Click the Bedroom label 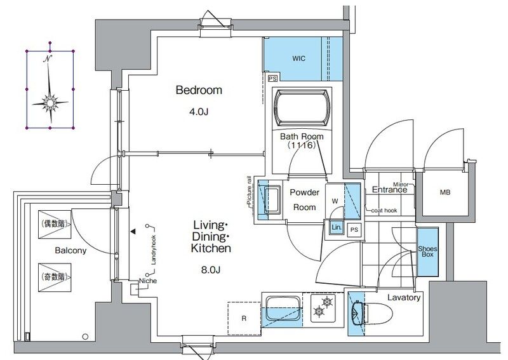tap(199, 90)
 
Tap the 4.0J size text tap(199, 112)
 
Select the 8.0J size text tap(211, 270)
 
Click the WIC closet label tap(298, 58)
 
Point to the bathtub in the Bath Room tap(302, 108)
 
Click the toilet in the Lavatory tap(372, 314)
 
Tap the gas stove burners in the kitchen tap(323, 307)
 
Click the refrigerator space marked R tap(244, 319)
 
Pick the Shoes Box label tap(427, 251)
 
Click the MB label tap(445, 192)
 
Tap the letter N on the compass tap(48, 58)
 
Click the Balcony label tap(70, 251)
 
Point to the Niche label tap(148, 281)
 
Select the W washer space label tap(335, 201)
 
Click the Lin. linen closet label tap(337, 227)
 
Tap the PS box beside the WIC tap(273, 79)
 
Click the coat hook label tap(384, 210)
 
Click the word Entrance tap(389, 190)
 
